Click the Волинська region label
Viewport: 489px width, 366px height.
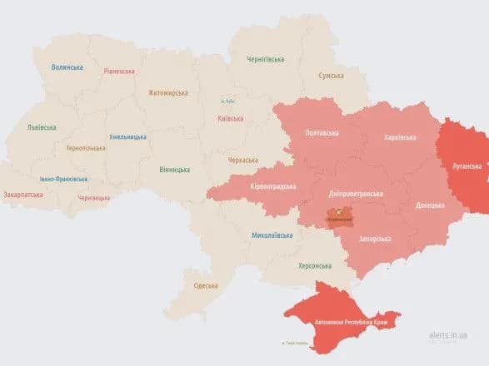(x=67, y=67)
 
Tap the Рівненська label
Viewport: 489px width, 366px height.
(x=119, y=72)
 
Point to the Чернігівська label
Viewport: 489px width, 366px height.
(x=265, y=59)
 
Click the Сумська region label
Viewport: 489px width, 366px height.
(x=332, y=76)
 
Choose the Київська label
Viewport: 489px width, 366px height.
(x=230, y=118)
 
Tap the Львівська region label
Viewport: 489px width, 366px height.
(x=42, y=127)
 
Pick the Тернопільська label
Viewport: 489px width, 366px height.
(x=86, y=148)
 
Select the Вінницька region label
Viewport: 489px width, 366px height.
(x=174, y=169)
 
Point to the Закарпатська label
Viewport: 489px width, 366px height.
(x=23, y=195)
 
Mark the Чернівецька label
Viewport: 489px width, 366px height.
(x=93, y=198)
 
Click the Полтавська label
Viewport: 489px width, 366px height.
(x=322, y=133)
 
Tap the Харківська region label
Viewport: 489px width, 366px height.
(x=401, y=137)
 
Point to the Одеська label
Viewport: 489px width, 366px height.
(x=206, y=285)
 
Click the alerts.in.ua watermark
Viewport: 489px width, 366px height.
(x=448, y=335)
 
